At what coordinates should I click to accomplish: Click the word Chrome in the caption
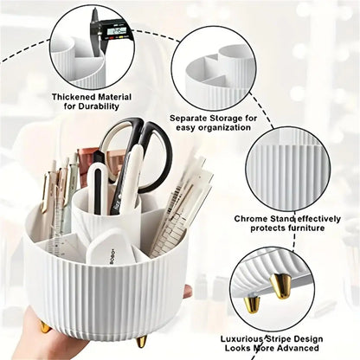click(x=252, y=219)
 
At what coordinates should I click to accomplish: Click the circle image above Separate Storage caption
click(x=212, y=66)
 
